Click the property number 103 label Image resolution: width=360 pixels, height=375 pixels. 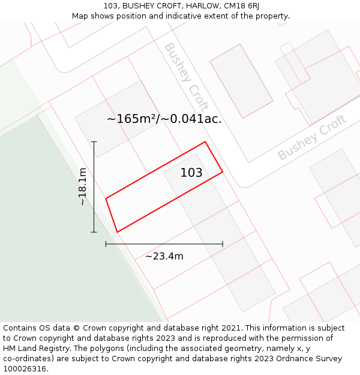coord(191,173)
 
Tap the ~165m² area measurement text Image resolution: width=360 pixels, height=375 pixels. coord(131,119)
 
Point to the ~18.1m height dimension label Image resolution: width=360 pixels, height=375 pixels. coord(82,187)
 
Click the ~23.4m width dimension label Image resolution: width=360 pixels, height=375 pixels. coord(164,256)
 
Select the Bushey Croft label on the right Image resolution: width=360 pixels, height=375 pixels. coord(312,137)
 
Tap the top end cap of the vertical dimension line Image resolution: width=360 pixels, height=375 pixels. coord(94,142)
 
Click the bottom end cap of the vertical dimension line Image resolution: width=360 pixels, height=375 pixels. coord(94,232)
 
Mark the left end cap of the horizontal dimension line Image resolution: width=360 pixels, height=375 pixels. coord(106,244)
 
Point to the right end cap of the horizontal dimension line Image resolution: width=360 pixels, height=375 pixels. coord(223,244)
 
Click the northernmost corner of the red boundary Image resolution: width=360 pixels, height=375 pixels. coord(205,142)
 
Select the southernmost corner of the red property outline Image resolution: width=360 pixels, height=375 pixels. coord(117,232)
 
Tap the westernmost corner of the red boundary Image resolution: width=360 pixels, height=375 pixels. coord(106,199)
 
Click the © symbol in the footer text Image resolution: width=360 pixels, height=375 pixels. coord(76,328)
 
